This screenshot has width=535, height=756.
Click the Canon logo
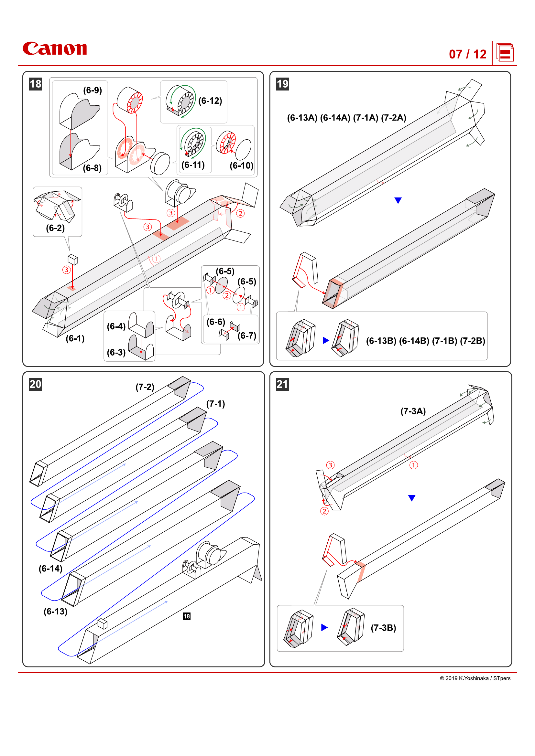pos(55,48)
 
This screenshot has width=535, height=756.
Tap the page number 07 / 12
pos(467,54)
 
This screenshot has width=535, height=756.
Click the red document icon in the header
pos(505,53)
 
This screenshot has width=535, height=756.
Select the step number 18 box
pos(36,84)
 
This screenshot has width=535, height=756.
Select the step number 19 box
pos(282,84)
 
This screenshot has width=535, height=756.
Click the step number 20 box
pos(36,384)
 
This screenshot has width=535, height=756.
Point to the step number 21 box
pos(282,384)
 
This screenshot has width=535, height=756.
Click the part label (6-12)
pos(210,101)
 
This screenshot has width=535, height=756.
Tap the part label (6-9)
pos(92,90)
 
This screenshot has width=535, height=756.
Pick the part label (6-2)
pos(55,228)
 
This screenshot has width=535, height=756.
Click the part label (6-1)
pos(75,338)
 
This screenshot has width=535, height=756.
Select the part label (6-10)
pos(241,165)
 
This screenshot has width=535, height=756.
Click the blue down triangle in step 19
pos(398,200)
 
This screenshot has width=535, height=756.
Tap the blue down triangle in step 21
pos(411,498)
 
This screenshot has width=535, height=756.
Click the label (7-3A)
pos(413,411)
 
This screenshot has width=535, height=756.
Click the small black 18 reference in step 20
pos(186,616)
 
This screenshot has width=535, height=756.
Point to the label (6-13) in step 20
pos(55,612)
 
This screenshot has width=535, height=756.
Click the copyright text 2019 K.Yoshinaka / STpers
pos(475,678)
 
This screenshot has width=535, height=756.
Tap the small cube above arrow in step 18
pos(73,260)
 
